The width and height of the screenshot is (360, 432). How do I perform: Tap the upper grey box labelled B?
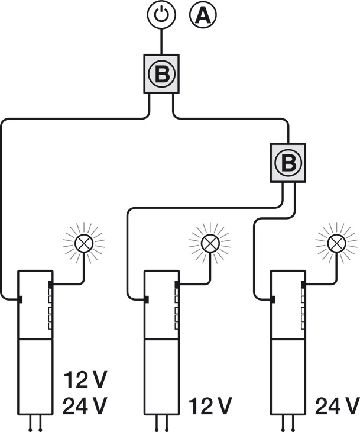[x=161, y=74]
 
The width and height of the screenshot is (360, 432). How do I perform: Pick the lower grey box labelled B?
[x=288, y=162]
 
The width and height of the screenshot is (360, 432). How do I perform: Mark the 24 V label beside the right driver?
[x=338, y=407]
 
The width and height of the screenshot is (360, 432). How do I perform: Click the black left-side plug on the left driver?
[x=20, y=299]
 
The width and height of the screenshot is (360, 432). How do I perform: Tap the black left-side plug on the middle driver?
[x=146, y=299]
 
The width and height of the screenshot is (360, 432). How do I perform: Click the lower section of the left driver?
[x=35, y=376]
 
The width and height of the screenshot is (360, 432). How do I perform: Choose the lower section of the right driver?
[x=287, y=376]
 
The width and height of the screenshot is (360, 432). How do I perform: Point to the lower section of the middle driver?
[x=161, y=376]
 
